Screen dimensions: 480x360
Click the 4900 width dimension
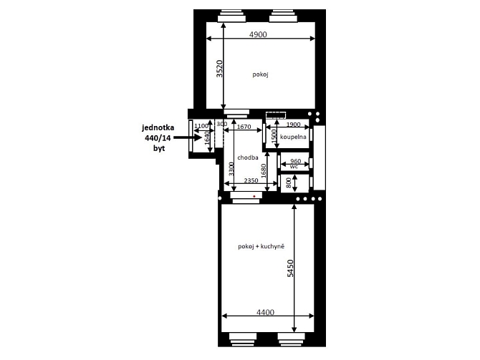(258, 34)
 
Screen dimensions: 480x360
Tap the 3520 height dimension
(219, 69)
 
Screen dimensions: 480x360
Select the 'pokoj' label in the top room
(260, 74)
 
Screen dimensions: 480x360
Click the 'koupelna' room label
(293, 137)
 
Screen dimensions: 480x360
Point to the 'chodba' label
(248, 157)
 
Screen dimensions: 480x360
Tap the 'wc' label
(294, 167)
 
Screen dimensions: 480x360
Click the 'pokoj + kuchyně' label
(261, 246)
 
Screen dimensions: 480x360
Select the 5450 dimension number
(290, 268)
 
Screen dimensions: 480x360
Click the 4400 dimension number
(265, 312)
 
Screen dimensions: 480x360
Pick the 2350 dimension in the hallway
(251, 180)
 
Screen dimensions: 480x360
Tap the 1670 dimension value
(244, 127)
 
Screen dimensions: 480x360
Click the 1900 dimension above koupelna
(293, 125)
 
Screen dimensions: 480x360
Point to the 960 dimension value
(295, 161)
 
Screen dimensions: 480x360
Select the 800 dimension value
(289, 183)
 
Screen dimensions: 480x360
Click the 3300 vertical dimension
(231, 169)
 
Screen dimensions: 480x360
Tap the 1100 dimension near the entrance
(201, 126)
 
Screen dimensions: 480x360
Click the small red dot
(254, 196)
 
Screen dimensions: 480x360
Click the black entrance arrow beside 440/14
(188, 137)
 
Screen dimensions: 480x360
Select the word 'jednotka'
(158, 127)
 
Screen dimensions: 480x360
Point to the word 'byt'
(159, 148)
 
